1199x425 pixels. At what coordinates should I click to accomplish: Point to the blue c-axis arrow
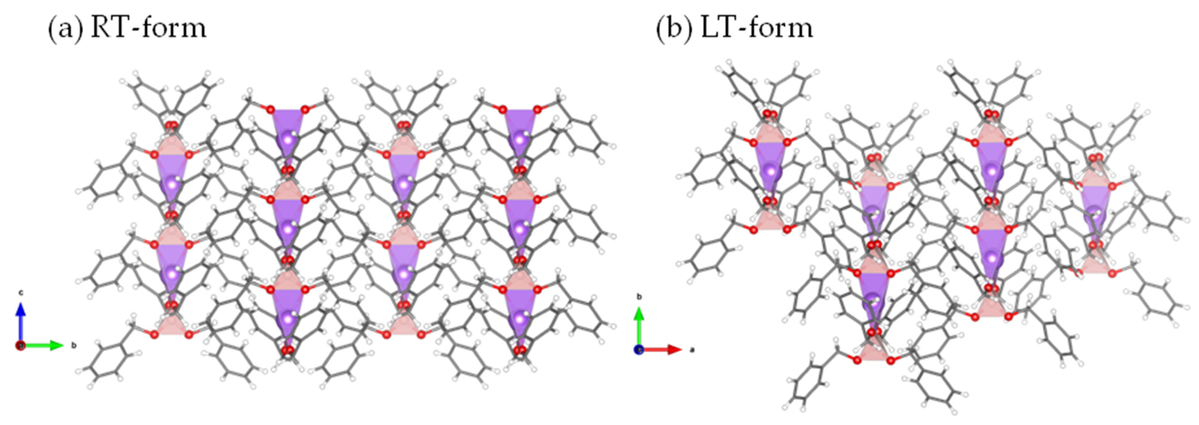pos(20,321)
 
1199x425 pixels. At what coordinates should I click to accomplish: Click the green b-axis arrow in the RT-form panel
pos(44,345)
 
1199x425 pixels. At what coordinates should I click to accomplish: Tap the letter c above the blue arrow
pos(20,293)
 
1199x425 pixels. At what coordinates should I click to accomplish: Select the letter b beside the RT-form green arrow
pos(74,346)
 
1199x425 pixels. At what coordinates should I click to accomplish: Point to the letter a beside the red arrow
pos(692,350)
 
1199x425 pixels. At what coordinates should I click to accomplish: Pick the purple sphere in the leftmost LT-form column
pos(771,171)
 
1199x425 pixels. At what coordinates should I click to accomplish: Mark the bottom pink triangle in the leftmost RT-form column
pos(172,325)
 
